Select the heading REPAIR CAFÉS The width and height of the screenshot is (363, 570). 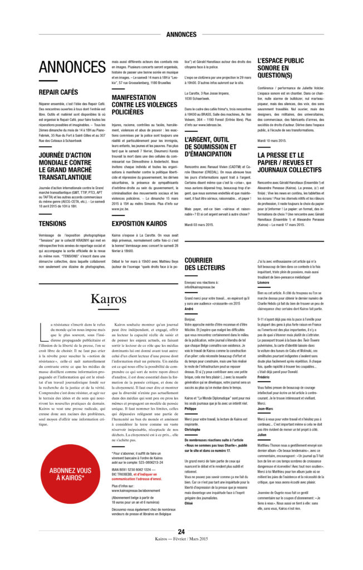(58, 92)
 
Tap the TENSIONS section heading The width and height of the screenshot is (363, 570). (52, 223)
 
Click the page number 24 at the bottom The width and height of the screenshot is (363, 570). (181, 532)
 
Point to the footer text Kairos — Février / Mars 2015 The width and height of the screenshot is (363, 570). (181, 539)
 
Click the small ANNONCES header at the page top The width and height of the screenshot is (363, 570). (181, 35)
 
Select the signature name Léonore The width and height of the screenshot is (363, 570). (263, 283)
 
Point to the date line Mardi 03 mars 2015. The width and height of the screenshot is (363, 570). (199, 224)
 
